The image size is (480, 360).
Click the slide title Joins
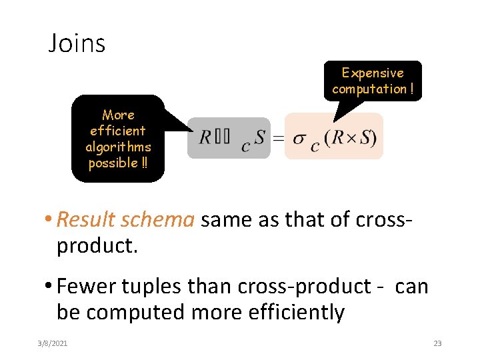point(77,43)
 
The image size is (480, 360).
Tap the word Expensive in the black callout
point(373,73)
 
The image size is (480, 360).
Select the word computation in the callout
point(369,89)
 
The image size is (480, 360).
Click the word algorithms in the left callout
point(118,147)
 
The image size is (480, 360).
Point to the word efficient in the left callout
point(118,131)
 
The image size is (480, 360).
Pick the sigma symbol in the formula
point(299,138)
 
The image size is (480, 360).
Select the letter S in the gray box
point(259,137)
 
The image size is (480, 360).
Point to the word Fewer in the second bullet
point(83,286)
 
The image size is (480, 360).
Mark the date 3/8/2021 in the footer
point(53,343)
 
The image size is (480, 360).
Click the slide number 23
point(437,343)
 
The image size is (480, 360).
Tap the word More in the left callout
point(118,115)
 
